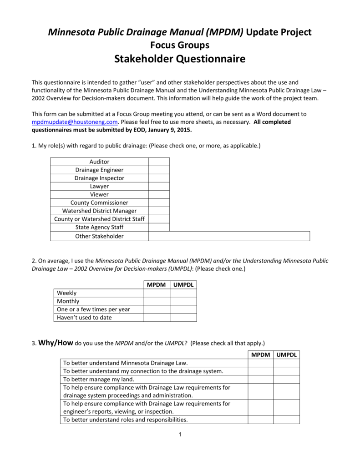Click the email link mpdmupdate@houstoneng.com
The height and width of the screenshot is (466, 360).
(75, 122)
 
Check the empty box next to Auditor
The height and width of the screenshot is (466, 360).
(159, 162)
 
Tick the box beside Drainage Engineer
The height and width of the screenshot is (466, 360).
(159, 170)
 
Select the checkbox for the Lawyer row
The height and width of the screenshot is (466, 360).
(159, 186)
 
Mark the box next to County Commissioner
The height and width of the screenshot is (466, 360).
(159, 203)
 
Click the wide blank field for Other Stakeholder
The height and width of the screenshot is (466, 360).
(229, 236)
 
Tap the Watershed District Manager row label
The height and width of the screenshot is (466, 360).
(99, 211)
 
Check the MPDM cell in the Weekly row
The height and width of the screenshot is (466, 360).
(157, 293)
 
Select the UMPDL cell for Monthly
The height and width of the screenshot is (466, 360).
(183, 301)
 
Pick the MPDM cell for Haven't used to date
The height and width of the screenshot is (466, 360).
(157, 318)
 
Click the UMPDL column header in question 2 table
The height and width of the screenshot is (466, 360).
(183, 284)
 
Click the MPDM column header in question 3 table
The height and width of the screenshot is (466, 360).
(260, 355)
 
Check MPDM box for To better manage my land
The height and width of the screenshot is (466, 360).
(260, 379)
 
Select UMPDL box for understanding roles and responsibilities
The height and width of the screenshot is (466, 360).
(286, 420)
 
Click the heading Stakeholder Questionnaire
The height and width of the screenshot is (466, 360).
(180, 59)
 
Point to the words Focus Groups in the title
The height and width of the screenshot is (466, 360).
(180, 45)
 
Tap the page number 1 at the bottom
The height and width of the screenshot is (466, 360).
(180, 434)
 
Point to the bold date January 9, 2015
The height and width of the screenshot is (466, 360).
(169, 130)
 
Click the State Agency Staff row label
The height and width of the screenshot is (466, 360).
(99, 227)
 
